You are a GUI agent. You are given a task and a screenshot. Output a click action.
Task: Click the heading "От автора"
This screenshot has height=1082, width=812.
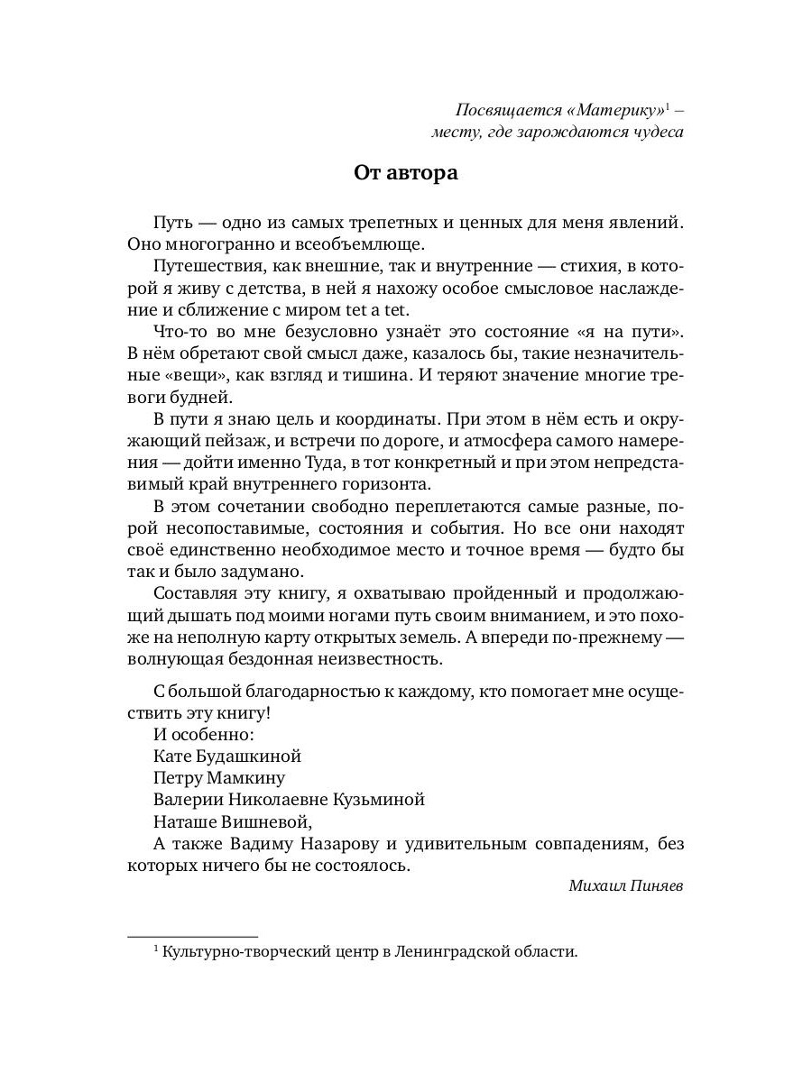tap(405, 173)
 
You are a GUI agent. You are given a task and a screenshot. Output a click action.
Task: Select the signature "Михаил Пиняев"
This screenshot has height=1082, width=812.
tap(626, 885)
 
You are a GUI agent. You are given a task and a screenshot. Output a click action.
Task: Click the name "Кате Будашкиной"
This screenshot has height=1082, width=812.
tap(227, 756)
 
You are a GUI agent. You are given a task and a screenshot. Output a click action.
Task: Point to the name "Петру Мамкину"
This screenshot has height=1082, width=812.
tap(219, 777)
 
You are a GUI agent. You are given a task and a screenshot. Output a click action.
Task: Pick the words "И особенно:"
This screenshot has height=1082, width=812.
tap(198, 734)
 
